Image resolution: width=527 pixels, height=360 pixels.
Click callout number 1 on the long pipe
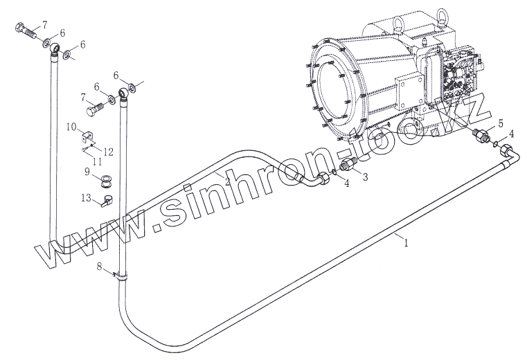pyautogui.click(x=406, y=243)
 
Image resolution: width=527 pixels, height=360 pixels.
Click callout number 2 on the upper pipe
pyautogui.click(x=227, y=182)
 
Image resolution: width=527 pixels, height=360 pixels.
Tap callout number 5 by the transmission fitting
pyautogui.click(x=501, y=123)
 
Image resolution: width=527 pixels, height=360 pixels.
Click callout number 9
pyautogui.click(x=87, y=172)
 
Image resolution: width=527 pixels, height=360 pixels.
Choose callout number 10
pyautogui.click(x=71, y=127)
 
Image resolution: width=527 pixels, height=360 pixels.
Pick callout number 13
pyautogui.click(x=87, y=197)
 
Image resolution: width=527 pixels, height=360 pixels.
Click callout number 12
pyautogui.click(x=108, y=152)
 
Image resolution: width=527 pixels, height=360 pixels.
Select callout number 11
pyautogui.click(x=98, y=162)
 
